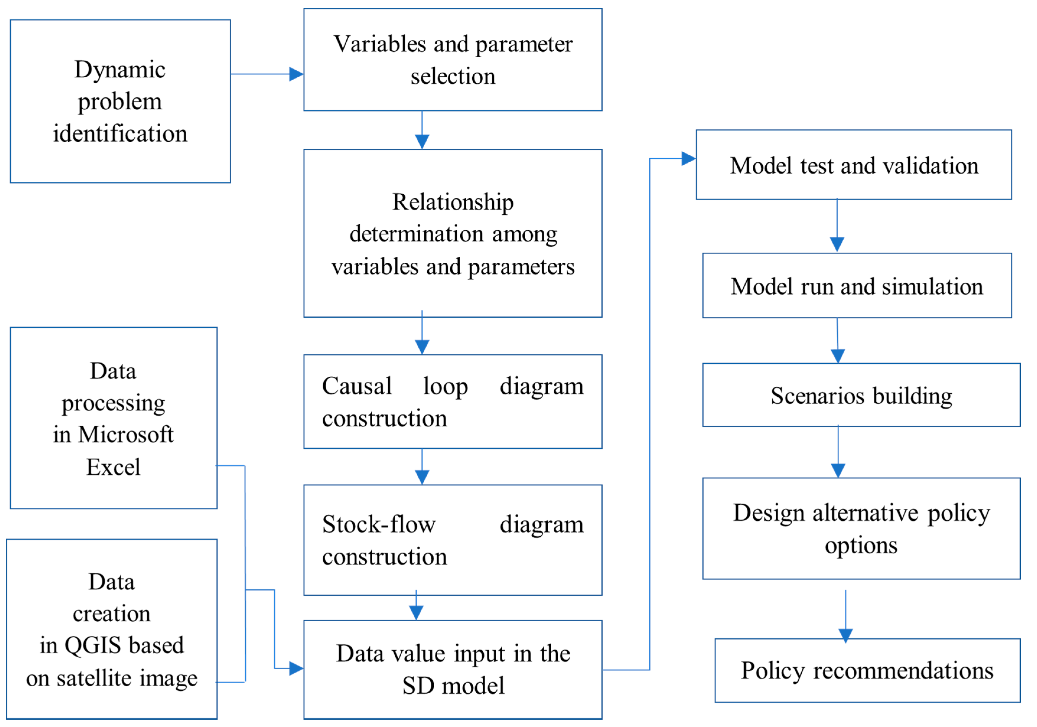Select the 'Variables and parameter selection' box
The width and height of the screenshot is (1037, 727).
pos(453,60)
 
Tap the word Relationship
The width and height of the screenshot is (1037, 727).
pos(453,202)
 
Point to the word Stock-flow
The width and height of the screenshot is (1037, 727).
pos(379,525)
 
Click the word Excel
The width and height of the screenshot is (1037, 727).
pos(113,467)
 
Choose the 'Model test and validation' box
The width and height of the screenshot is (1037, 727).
pos(854,165)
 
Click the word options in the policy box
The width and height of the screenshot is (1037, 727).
pos(861,545)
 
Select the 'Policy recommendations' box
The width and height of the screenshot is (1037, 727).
pos(867,671)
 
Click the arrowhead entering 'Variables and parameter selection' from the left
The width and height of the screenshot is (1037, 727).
pos(296,74)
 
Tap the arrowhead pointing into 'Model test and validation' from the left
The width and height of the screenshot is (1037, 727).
pos(688,159)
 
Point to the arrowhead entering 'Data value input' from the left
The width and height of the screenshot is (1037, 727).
pos(296,668)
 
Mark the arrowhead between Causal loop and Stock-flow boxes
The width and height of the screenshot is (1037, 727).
pos(422,477)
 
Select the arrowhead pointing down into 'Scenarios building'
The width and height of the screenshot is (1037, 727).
pos(838,356)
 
